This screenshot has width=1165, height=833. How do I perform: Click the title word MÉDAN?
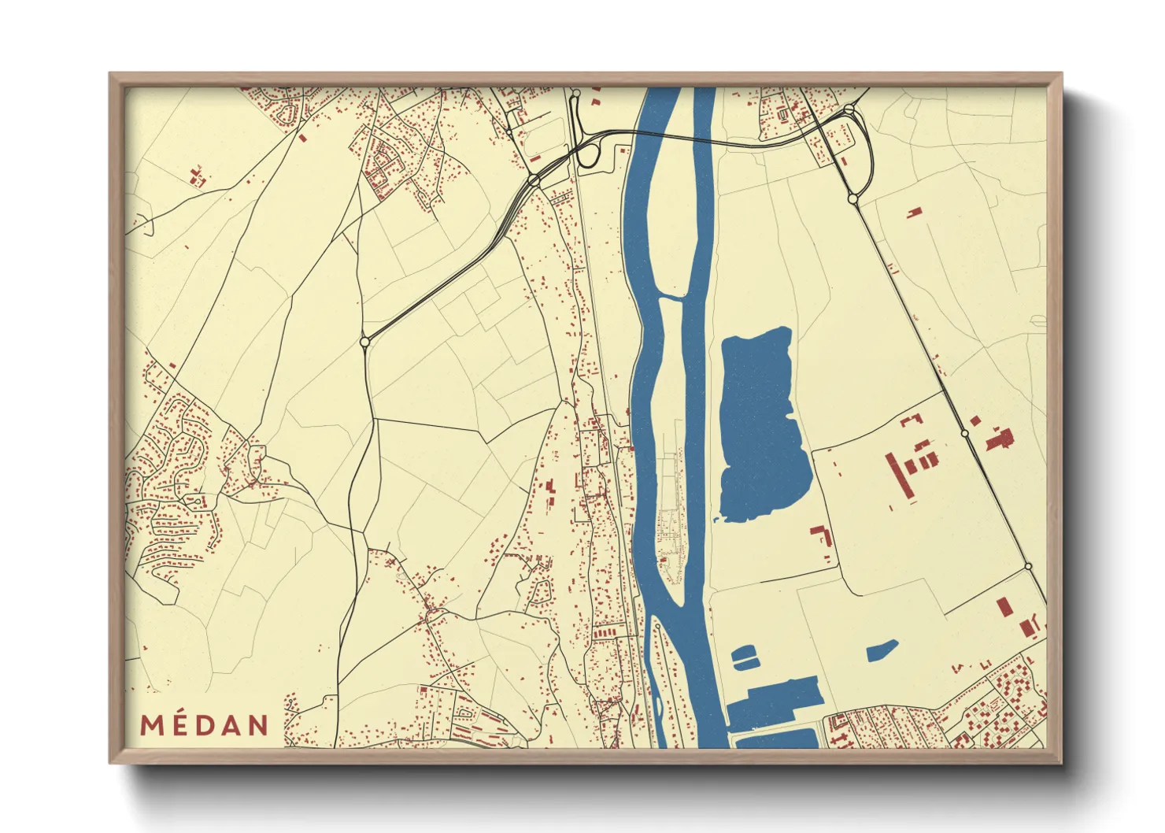coord(205,725)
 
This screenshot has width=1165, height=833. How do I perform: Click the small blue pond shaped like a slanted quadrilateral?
coord(882,651)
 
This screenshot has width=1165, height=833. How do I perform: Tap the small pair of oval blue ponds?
coord(743,657)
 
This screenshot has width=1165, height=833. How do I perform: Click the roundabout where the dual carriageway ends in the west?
coord(364,342)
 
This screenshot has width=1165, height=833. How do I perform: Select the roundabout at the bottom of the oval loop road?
coord(852,199)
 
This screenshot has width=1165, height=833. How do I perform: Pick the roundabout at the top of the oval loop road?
coord(849,109)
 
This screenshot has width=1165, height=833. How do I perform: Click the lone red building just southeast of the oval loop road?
coord(914,212)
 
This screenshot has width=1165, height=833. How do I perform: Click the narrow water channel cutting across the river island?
coord(671,297)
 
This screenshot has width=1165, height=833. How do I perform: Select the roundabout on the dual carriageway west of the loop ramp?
coord(534,181)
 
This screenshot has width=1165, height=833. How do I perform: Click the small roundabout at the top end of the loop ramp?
coord(576,94)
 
